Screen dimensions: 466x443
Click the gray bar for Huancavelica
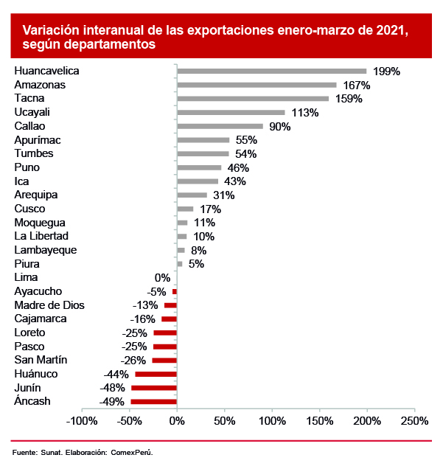point(271,72)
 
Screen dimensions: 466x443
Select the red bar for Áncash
point(153,402)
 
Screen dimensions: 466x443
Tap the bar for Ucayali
point(231,113)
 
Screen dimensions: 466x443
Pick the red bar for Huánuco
point(156,375)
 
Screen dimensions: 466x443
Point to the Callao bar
point(220,126)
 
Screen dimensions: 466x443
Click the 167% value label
point(356,86)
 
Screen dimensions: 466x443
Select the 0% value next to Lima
point(162,278)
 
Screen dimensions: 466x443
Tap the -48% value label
point(113,389)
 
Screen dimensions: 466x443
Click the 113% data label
point(304,113)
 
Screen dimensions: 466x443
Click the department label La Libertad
point(41,236)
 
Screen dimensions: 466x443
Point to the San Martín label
point(41,360)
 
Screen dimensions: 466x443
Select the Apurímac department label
point(38,140)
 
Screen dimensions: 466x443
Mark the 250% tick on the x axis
point(414,421)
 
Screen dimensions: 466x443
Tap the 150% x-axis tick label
point(319,421)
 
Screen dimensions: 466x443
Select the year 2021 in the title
point(388,30)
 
